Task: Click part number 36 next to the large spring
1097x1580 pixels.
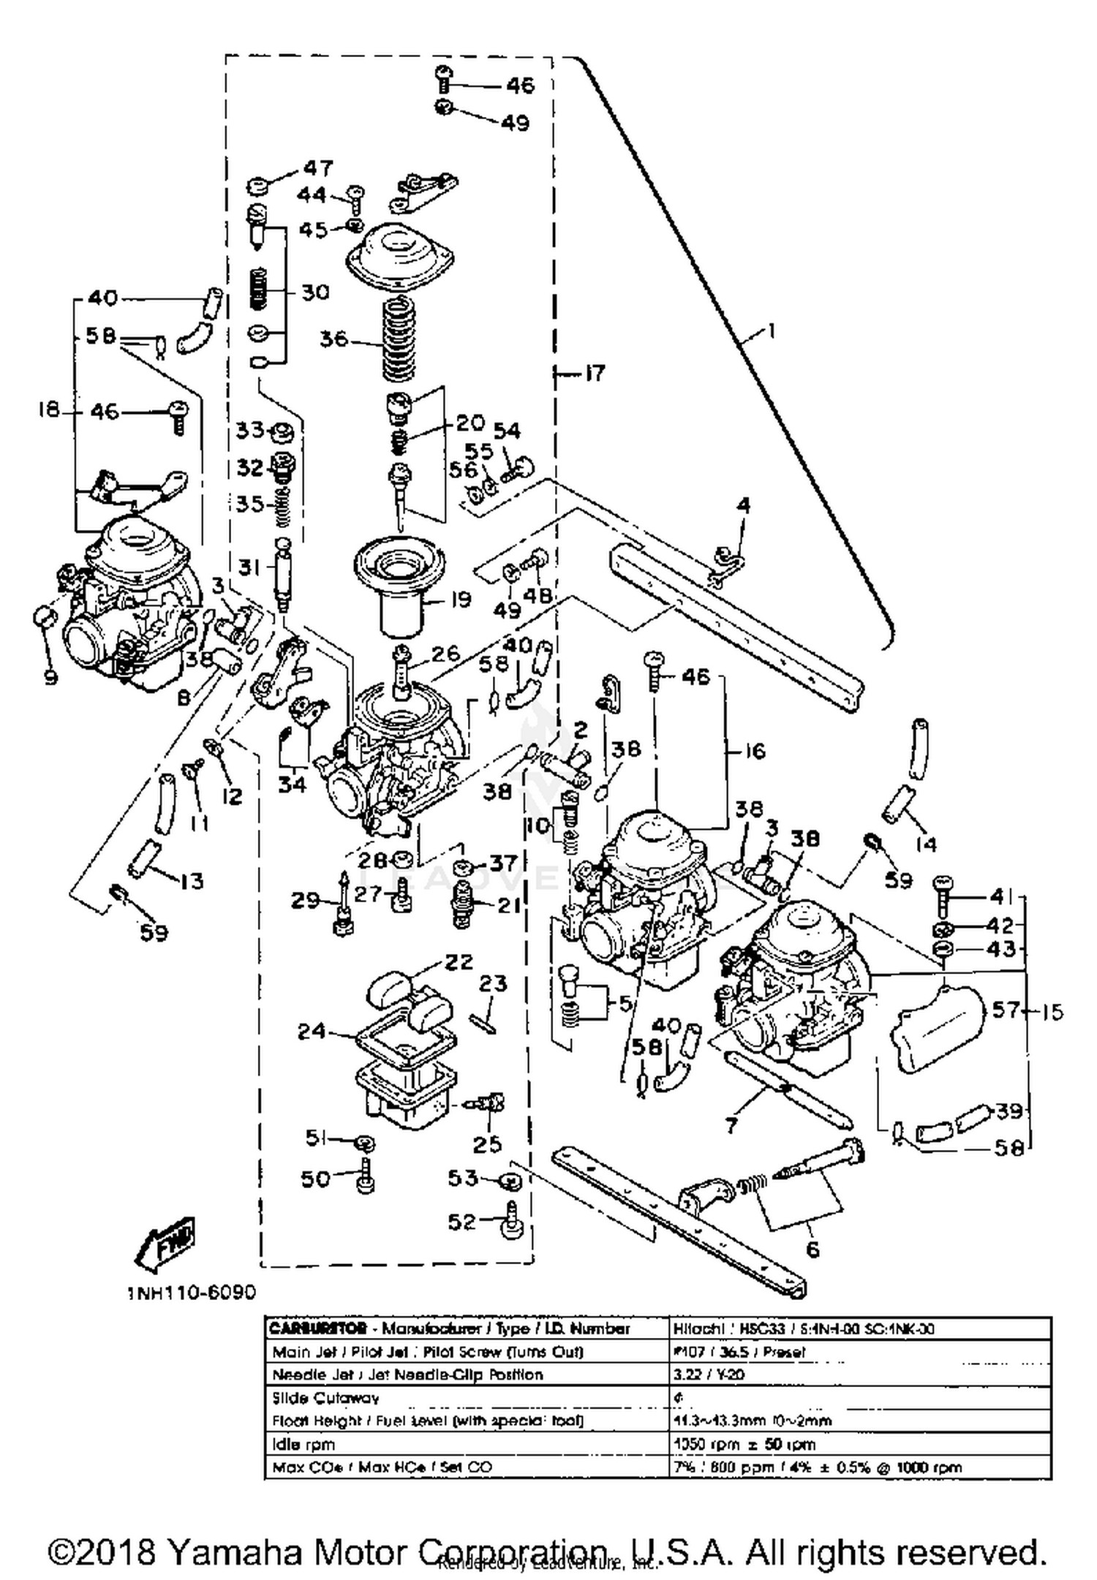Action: [x=333, y=340]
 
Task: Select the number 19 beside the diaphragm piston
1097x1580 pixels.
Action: [x=460, y=600]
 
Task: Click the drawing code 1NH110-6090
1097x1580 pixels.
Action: [x=192, y=1292]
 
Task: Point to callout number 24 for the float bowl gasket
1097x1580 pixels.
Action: [x=312, y=1032]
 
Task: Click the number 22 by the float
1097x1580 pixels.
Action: [x=459, y=961]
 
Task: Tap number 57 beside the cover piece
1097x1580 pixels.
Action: [x=1006, y=1010]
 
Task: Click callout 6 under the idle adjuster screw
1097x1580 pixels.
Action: [x=813, y=1250]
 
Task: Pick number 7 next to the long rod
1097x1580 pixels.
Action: [x=732, y=1124]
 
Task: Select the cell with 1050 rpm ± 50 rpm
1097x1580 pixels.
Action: [x=743, y=1445]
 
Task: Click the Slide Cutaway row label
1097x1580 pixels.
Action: [x=325, y=1398]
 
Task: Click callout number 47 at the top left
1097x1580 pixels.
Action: [x=318, y=169]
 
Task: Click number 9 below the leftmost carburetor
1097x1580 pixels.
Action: [x=50, y=678]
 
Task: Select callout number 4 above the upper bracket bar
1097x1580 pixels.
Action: [x=743, y=506]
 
